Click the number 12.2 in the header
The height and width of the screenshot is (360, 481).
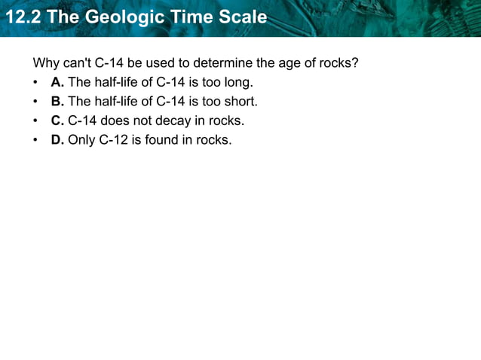pos(22,17)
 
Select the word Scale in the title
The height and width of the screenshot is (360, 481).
pos(242,17)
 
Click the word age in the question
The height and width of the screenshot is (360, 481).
pos(276,62)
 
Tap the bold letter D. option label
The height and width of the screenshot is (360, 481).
pos(57,139)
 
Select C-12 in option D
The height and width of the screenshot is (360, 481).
pos(113,139)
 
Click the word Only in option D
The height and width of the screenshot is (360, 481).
pos(81,139)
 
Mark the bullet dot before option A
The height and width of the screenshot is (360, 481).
pos(35,81)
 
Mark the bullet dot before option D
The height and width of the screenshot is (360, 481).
pos(35,139)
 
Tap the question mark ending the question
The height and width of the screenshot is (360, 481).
pos(355,62)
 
